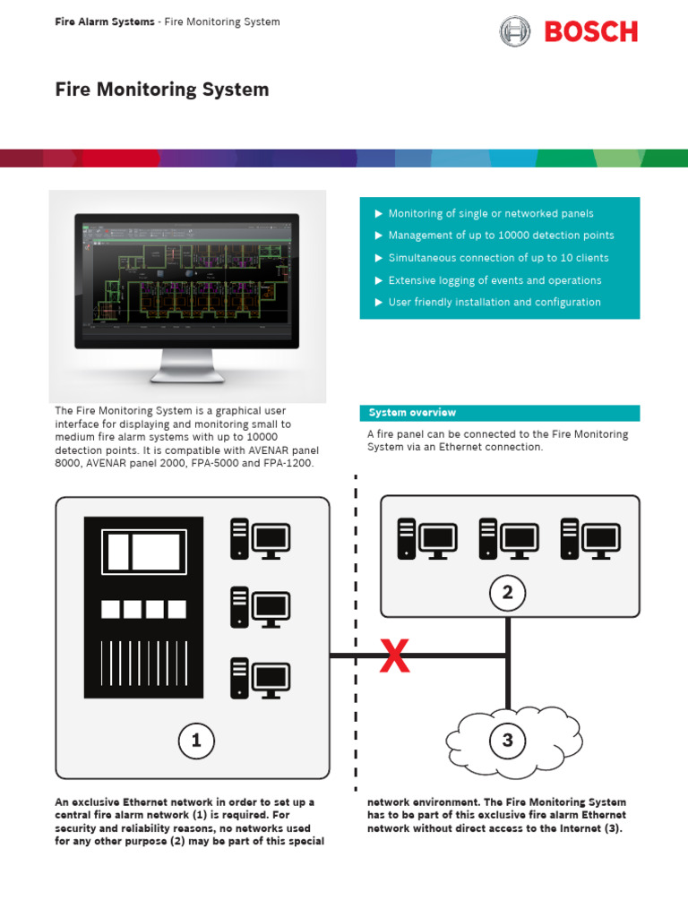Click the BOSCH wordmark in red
[x=591, y=32]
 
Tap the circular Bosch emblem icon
[x=515, y=32]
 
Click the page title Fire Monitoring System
[x=162, y=90]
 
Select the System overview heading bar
[x=500, y=413]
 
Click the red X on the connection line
[x=395, y=657]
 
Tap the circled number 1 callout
[x=195, y=740]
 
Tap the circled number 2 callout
[x=507, y=592]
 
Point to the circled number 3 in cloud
[x=507, y=740]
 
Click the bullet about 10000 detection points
[x=501, y=236]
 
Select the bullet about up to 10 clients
[x=498, y=258]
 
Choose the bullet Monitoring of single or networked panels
[x=490, y=213]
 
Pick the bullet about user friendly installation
[x=494, y=303]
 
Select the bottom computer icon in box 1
[x=261, y=678]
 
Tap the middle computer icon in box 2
[x=508, y=539]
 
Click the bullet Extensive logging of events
[x=494, y=280]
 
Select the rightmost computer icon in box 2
[x=589, y=539]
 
